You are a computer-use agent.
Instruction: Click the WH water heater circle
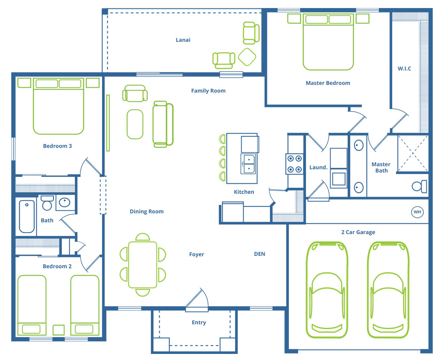click(x=417, y=212)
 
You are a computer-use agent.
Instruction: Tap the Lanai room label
click(x=183, y=40)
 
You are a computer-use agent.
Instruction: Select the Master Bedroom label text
click(x=328, y=83)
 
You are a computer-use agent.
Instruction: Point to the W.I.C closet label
click(x=404, y=68)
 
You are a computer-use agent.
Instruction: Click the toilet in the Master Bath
click(x=419, y=186)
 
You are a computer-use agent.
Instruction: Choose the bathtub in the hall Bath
click(x=27, y=216)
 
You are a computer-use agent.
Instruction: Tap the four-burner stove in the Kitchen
click(x=294, y=164)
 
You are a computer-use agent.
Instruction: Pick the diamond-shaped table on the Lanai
click(x=247, y=57)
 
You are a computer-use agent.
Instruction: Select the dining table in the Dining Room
click(x=143, y=265)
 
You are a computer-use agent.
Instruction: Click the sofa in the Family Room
click(x=163, y=124)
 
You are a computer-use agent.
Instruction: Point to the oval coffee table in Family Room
click(x=135, y=124)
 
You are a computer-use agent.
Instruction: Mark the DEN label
click(x=260, y=254)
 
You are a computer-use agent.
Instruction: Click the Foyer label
click(x=197, y=254)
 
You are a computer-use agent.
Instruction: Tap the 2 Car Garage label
click(x=358, y=232)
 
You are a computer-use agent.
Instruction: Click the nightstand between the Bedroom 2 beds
click(x=59, y=330)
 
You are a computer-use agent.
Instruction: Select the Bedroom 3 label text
click(x=58, y=146)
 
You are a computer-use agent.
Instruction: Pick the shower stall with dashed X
click(x=413, y=153)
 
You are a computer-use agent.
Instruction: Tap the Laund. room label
click(x=318, y=167)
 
